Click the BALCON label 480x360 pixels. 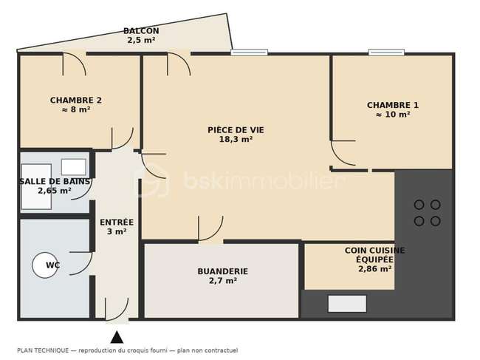point(141,31)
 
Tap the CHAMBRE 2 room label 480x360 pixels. point(76,101)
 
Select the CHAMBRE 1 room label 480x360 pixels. point(393,105)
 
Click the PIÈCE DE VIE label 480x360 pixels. point(236,130)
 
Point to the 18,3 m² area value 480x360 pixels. point(236,140)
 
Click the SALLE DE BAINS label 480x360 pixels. point(55,181)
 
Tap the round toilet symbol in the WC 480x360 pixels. point(45,265)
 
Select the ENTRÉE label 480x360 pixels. point(117,222)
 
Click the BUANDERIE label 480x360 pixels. point(222,271)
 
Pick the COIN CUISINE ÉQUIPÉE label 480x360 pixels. point(374,255)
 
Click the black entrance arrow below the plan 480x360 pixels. point(117,337)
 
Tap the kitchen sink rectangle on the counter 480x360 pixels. point(347,304)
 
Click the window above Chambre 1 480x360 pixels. point(386,52)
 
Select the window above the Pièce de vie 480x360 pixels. point(249,52)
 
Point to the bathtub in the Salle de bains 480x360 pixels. point(36,186)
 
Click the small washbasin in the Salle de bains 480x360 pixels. point(73,167)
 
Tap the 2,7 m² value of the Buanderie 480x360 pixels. point(222,281)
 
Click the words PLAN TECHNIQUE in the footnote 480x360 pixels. point(43,350)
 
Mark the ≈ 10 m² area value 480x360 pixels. point(393,115)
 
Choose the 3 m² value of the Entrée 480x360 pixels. point(117,231)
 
